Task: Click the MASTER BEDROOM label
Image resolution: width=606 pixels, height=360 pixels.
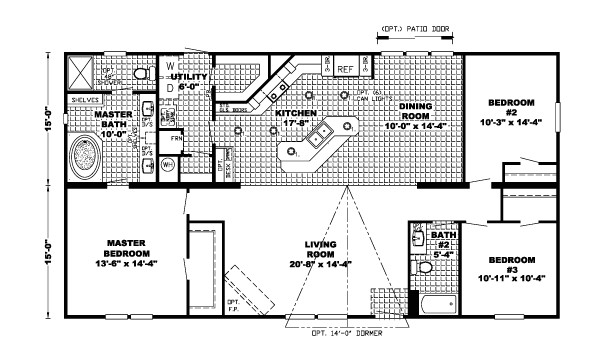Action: point(129,251)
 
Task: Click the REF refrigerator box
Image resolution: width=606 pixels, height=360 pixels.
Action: point(346,69)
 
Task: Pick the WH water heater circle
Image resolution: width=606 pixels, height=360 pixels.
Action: point(168,162)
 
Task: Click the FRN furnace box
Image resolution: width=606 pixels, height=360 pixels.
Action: point(175,138)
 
